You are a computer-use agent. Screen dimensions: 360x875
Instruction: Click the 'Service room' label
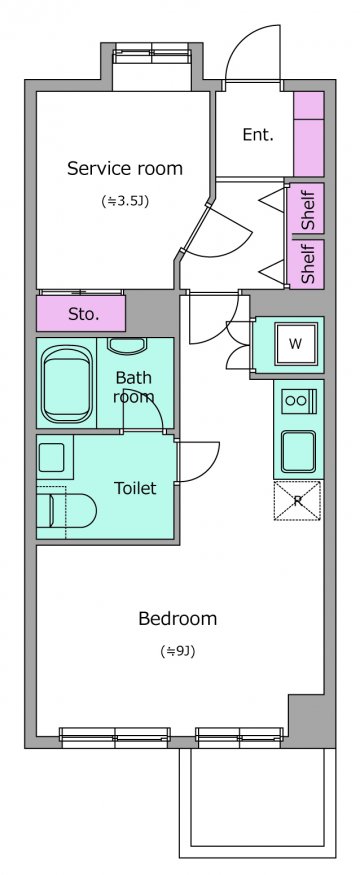125,168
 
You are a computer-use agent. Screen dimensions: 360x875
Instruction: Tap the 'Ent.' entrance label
258,134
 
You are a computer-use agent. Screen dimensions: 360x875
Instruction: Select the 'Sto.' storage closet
81,313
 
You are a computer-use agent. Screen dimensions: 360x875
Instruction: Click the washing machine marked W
295,344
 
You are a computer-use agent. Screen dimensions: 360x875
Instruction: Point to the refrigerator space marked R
297,501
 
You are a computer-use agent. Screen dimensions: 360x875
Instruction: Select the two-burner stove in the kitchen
299,400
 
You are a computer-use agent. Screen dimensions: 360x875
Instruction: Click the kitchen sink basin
299,451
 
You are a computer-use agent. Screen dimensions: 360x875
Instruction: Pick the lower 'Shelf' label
308,263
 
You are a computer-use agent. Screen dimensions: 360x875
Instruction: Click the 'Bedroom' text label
177,618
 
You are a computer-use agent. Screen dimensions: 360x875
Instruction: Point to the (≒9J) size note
177,651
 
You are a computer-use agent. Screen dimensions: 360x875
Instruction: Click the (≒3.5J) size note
125,201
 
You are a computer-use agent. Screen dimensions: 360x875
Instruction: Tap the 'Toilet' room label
135,488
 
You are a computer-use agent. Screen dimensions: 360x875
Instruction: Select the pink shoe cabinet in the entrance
309,134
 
